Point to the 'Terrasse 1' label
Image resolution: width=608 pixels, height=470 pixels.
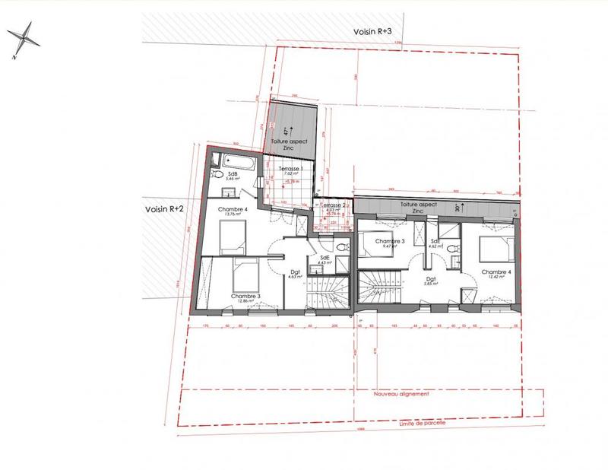click(291, 168)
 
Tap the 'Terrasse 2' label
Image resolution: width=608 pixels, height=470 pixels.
click(333, 206)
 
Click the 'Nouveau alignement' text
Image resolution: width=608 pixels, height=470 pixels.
click(401, 395)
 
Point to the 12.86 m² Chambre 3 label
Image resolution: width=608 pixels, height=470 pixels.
click(245, 297)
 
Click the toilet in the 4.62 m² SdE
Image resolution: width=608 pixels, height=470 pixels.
click(453, 248)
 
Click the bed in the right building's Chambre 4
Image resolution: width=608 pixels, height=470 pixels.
click(494, 247)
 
